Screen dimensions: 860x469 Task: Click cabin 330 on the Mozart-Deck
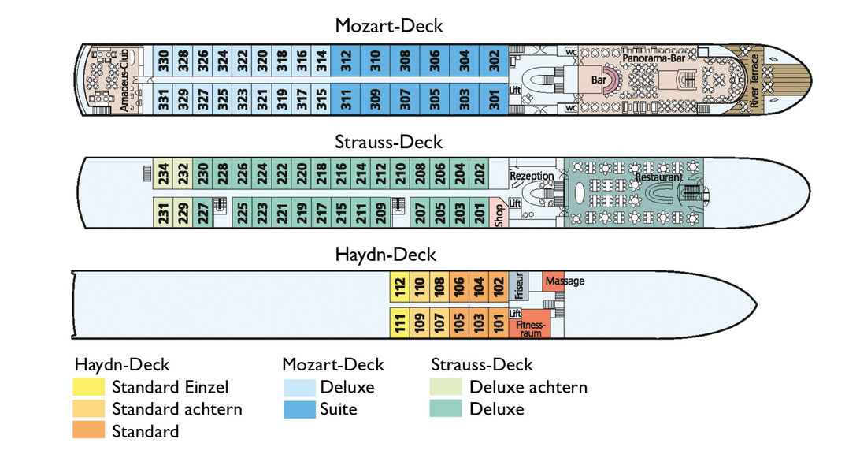coord(163,61)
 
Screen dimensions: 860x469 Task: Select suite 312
coord(346,61)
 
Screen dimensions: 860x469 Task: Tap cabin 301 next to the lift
coord(494,99)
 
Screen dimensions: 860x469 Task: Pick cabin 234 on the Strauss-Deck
coord(163,174)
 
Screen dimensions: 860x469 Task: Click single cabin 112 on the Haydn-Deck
coord(399,286)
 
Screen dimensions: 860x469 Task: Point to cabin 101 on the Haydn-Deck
coord(498,322)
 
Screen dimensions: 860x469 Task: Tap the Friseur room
coord(519,285)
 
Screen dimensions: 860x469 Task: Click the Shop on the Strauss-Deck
coord(499,213)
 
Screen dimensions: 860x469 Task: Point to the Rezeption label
coord(532,176)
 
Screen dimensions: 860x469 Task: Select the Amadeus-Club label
coord(124,80)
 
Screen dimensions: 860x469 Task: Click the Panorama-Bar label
coord(653,58)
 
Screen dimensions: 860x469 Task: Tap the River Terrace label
coord(754,80)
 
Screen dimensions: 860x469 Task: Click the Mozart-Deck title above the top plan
coord(389,26)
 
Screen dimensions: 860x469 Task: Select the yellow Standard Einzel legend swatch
coord(88,386)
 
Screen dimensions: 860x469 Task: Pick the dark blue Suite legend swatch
coord(299,409)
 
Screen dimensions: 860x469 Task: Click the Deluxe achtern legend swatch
coord(446,386)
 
